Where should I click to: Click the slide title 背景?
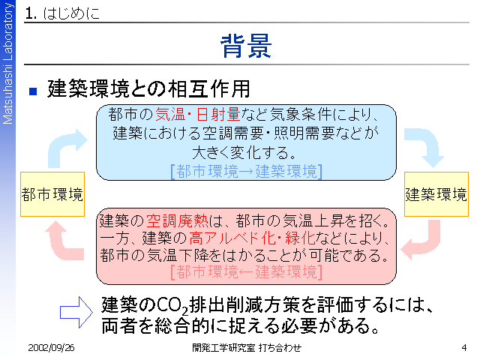tap(246, 46)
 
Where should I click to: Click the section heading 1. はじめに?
tap(62, 13)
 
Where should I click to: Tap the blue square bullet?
tap(33, 91)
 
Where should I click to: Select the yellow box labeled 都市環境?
tap(52, 194)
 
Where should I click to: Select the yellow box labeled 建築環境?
tap(436, 194)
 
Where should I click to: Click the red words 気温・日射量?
tap(197, 115)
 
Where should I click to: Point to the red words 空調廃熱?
tap(177, 220)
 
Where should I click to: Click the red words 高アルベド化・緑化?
tap(252, 238)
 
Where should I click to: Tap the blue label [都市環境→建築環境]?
tap(247, 171)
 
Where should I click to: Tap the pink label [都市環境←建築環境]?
tap(247, 271)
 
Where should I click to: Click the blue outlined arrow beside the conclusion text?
tap(76, 312)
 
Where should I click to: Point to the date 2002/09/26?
tap(51, 348)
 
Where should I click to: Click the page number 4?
tap(464, 348)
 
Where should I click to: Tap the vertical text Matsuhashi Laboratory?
tap(7, 63)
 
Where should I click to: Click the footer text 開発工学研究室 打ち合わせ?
tap(247, 348)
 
